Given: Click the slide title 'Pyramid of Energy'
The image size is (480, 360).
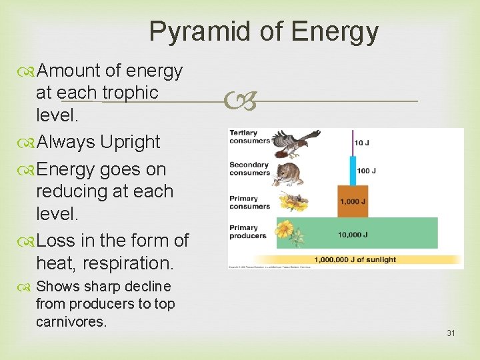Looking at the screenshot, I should (x=263, y=31).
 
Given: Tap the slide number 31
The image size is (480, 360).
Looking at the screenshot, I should (x=451, y=333).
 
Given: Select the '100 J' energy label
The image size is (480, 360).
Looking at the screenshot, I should (x=366, y=171).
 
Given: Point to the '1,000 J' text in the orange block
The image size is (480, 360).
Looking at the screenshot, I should (x=353, y=202).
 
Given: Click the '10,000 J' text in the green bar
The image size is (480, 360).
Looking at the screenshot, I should (x=353, y=234).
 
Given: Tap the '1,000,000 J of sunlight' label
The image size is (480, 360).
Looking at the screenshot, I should (x=355, y=259).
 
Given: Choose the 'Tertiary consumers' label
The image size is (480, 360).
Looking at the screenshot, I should (x=249, y=137).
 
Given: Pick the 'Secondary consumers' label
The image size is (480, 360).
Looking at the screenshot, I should (x=249, y=169).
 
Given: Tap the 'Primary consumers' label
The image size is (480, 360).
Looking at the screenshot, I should (x=249, y=202).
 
